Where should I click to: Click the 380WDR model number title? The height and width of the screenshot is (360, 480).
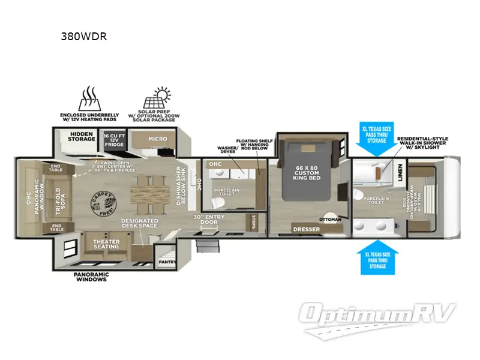[84, 35]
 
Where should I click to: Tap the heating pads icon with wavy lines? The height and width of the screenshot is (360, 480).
[89, 97]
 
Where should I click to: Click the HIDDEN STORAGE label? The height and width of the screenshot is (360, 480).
[81, 136]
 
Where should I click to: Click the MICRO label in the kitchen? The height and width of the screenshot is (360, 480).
[158, 139]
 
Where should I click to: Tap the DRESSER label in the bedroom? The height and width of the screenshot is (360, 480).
[306, 229]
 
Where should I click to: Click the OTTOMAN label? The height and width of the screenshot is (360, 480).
[330, 219]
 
